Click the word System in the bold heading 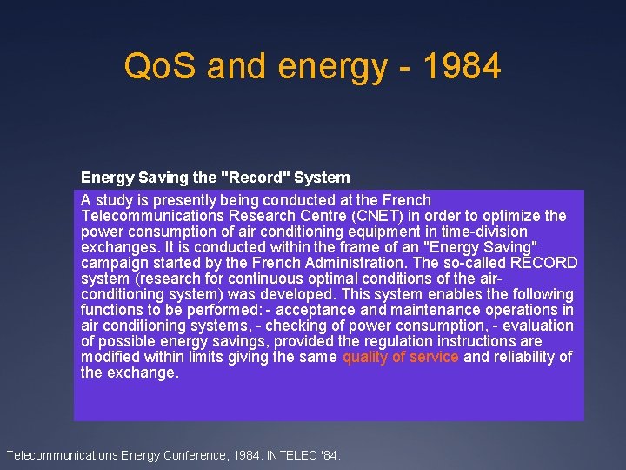tap(322, 178)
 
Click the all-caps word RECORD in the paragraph tap(543, 263)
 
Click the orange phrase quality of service tap(401, 357)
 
